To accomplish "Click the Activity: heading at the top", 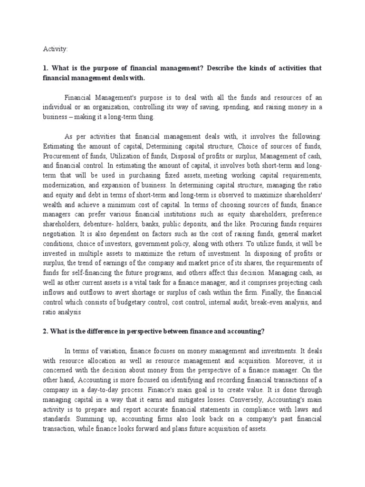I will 55,49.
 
